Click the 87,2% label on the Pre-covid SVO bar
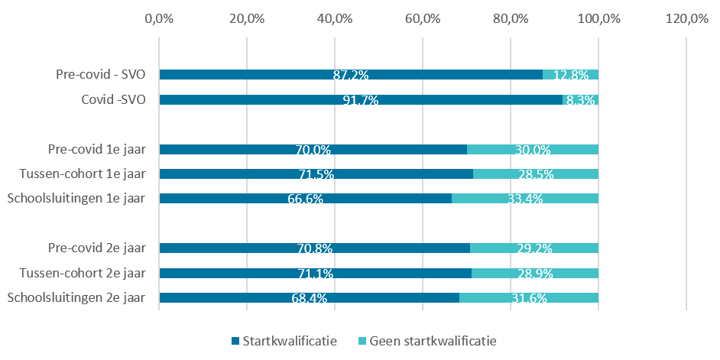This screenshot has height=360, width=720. (x=350, y=75)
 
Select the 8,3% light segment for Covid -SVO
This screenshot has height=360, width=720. (x=580, y=99)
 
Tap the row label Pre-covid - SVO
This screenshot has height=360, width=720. (x=101, y=74)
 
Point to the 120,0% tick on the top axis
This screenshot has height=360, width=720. (x=686, y=19)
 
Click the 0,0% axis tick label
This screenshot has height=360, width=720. (x=159, y=19)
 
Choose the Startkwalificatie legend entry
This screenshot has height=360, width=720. (x=284, y=341)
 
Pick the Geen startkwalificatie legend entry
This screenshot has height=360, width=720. (x=427, y=341)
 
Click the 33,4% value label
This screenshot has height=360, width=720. (x=525, y=199)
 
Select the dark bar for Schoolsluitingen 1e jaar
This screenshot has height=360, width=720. (x=306, y=199)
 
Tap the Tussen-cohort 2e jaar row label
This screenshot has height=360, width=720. (x=83, y=273)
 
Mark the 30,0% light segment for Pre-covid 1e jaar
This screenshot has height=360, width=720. (x=533, y=149)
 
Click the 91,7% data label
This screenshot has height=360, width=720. (x=361, y=99)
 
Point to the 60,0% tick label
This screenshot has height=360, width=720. (x=423, y=19)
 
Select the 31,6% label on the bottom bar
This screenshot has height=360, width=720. (x=529, y=298)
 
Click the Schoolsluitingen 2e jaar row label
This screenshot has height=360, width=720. (x=77, y=298)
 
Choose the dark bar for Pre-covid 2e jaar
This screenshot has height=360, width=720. (x=315, y=248)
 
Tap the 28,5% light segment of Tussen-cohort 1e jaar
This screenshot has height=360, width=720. (x=536, y=174)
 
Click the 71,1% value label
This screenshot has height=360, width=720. (x=316, y=273)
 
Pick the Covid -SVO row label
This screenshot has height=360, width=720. (x=113, y=99)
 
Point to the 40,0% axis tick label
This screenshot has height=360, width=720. (x=335, y=19)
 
